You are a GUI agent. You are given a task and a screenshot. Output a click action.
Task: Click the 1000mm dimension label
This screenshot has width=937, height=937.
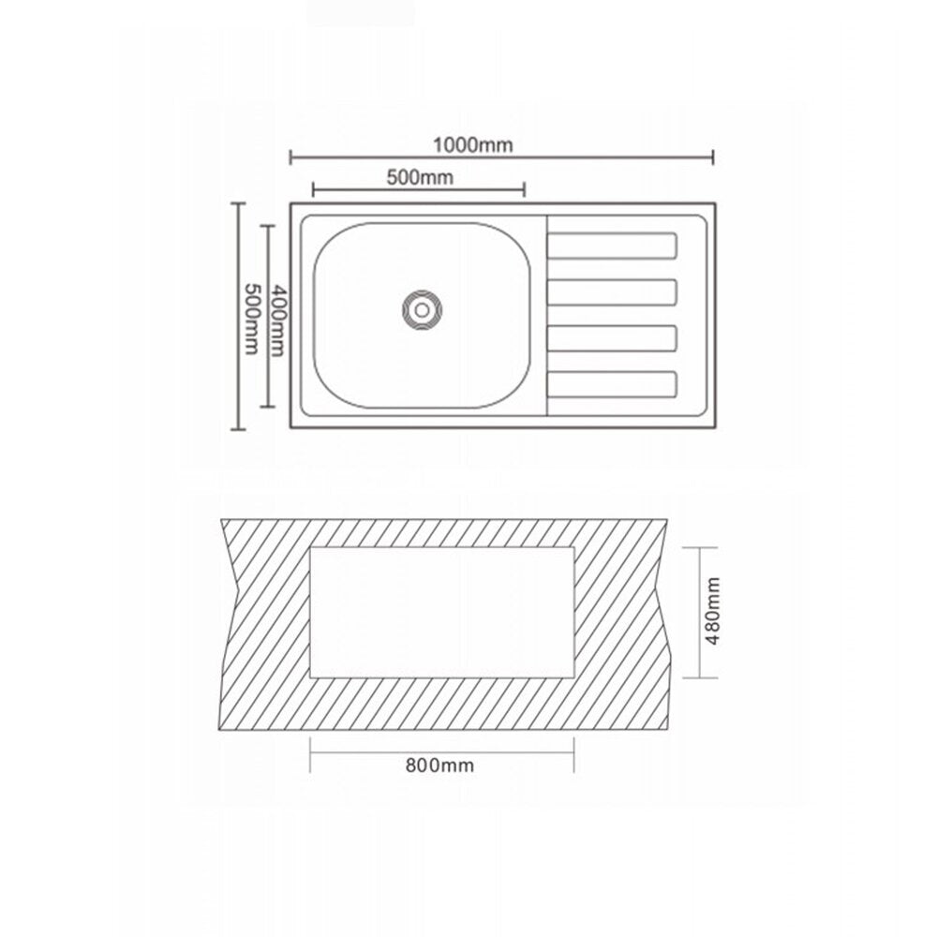click(472, 145)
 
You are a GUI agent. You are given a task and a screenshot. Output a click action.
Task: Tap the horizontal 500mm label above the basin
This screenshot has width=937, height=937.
click(420, 177)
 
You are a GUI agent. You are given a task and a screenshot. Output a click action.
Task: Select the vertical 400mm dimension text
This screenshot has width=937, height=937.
click(277, 320)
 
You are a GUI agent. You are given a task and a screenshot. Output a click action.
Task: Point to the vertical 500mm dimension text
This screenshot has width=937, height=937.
click(251, 319)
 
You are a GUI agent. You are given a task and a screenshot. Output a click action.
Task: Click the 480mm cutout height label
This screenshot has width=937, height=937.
click(712, 611)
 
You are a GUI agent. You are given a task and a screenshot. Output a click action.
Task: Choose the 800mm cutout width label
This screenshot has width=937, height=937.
click(439, 766)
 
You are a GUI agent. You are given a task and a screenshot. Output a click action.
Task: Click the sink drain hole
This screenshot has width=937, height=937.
click(422, 310)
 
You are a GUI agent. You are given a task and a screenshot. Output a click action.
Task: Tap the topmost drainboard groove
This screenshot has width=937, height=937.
click(612, 246)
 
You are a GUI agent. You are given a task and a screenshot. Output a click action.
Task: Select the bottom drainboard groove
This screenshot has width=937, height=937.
click(612, 385)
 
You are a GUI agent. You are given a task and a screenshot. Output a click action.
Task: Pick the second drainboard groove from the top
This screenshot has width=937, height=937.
click(612, 292)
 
